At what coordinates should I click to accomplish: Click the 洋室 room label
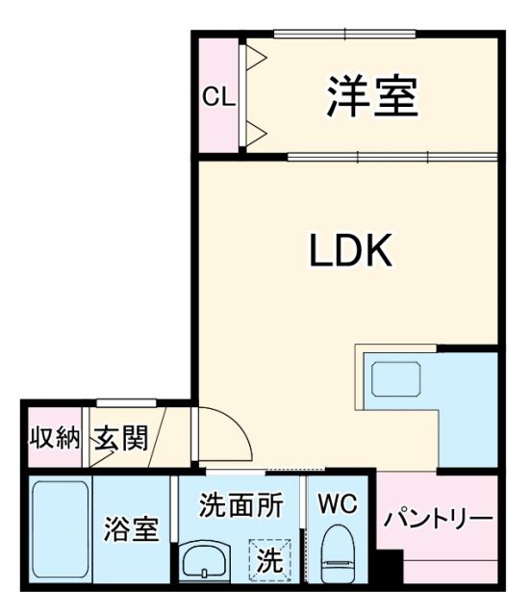point(370,98)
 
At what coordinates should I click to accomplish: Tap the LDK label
point(349,251)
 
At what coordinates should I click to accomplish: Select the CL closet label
point(217,98)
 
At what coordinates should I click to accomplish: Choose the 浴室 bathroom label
point(133,529)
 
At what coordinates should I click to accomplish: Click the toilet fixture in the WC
point(337,556)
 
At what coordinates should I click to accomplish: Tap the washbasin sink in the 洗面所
point(206,560)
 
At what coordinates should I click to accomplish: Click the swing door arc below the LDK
point(227,435)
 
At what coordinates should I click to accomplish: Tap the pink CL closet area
point(218,125)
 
